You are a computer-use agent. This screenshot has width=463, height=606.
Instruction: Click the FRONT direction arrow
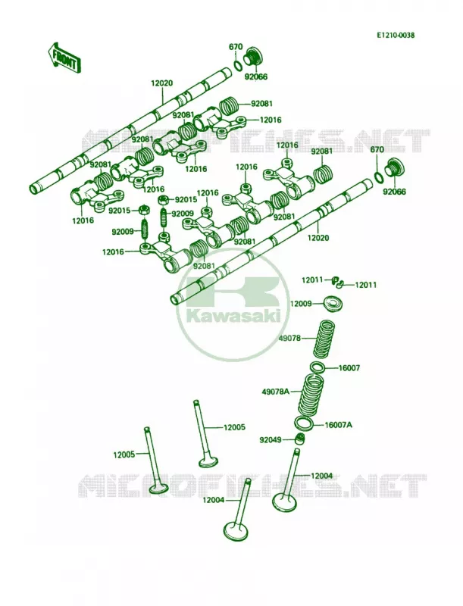click(64, 58)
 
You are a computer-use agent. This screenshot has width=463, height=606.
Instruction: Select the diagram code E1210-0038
click(396, 35)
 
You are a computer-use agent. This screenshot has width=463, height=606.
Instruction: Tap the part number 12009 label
click(301, 304)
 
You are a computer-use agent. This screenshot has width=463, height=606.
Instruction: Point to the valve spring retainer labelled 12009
click(331, 304)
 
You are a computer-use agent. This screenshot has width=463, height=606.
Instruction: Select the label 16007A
click(338, 425)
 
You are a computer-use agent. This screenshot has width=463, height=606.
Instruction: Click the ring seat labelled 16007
click(318, 367)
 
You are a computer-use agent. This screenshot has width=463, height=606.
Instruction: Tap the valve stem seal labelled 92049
click(299, 439)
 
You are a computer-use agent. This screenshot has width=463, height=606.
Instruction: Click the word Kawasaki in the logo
click(233, 316)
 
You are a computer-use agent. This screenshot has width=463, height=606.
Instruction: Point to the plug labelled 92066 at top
click(253, 58)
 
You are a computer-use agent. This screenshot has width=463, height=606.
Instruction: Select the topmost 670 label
click(236, 47)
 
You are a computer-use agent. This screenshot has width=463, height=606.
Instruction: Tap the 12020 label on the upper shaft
click(161, 83)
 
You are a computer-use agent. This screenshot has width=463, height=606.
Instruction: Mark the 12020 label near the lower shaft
click(318, 238)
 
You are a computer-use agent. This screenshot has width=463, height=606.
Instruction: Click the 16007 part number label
click(349, 368)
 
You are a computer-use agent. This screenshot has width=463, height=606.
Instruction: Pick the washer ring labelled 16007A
click(304, 423)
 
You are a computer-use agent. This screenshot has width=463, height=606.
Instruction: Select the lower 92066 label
click(395, 192)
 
